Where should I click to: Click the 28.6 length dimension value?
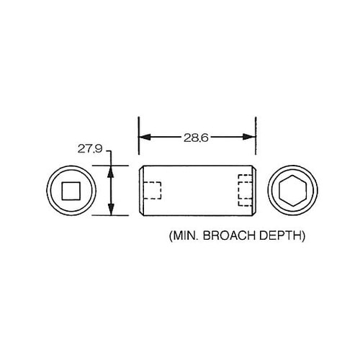pos(195,138)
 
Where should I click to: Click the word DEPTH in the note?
pos(283,235)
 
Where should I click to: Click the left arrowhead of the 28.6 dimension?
pos(143,138)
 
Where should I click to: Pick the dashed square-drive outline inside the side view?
pos(152,191)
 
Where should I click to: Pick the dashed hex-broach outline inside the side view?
pos(246,191)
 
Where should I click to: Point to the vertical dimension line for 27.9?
pos(111,190)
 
